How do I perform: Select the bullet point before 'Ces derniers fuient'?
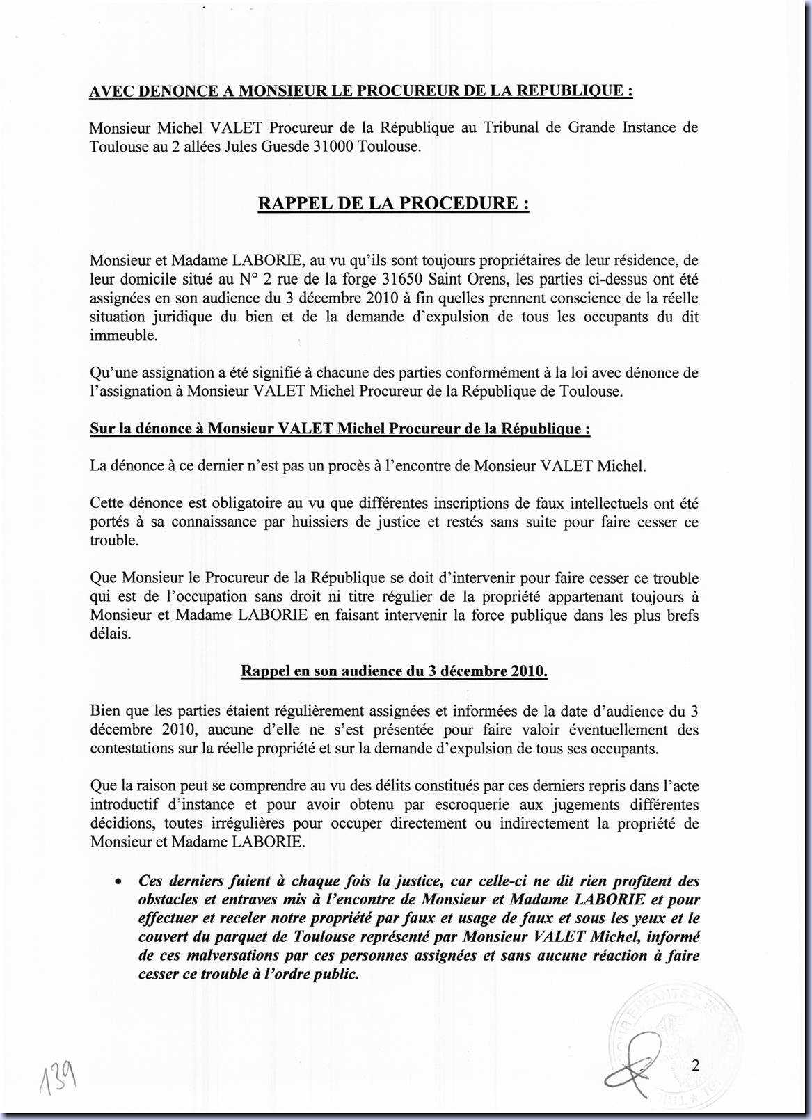(x=119, y=882)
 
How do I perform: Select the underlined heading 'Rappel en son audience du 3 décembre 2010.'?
(x=394, y=671)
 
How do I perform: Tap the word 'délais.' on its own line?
(x=111, y=634)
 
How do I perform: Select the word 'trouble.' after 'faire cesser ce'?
(x=114, y=541)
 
